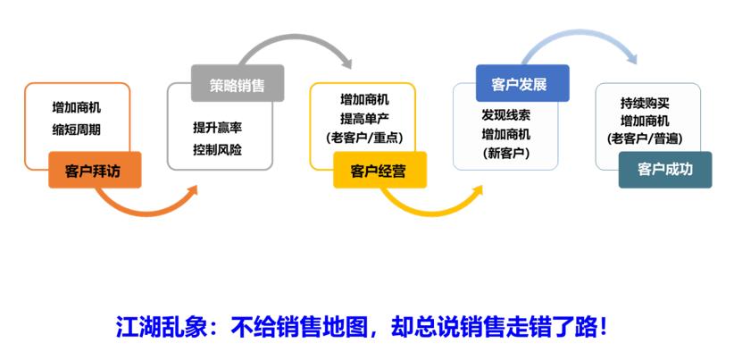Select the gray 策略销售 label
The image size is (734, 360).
[x=237, y=84]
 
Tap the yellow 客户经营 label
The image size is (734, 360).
[x=379, y=170]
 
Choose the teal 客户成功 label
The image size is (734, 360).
[x=664, y=169]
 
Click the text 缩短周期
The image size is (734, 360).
[x=77, y=130]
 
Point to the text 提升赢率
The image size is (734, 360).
[x=218, y=127]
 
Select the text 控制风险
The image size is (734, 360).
[x=218, y=149]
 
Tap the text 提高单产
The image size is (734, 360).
[x=364, y=118]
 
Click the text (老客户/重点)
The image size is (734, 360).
[x=364, y=137]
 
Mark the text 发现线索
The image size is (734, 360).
[x=506, y=115]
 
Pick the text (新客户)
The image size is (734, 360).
[x=506, y=153]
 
